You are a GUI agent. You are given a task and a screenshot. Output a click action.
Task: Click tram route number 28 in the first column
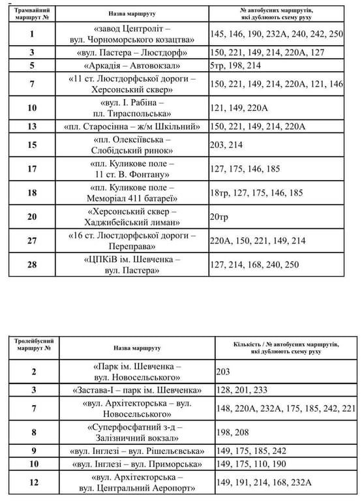(x=33, y=265)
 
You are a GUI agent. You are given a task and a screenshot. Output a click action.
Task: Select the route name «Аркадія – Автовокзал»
(x=133, y=66)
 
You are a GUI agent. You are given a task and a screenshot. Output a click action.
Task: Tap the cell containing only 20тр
(x=223, y=217)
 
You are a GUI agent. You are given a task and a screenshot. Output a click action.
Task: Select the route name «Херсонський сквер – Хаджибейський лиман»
(x=133, y=217)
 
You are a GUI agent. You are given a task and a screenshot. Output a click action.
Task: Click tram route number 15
(x=33, y=145)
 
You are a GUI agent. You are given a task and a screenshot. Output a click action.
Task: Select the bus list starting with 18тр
(x=257, y=192)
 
